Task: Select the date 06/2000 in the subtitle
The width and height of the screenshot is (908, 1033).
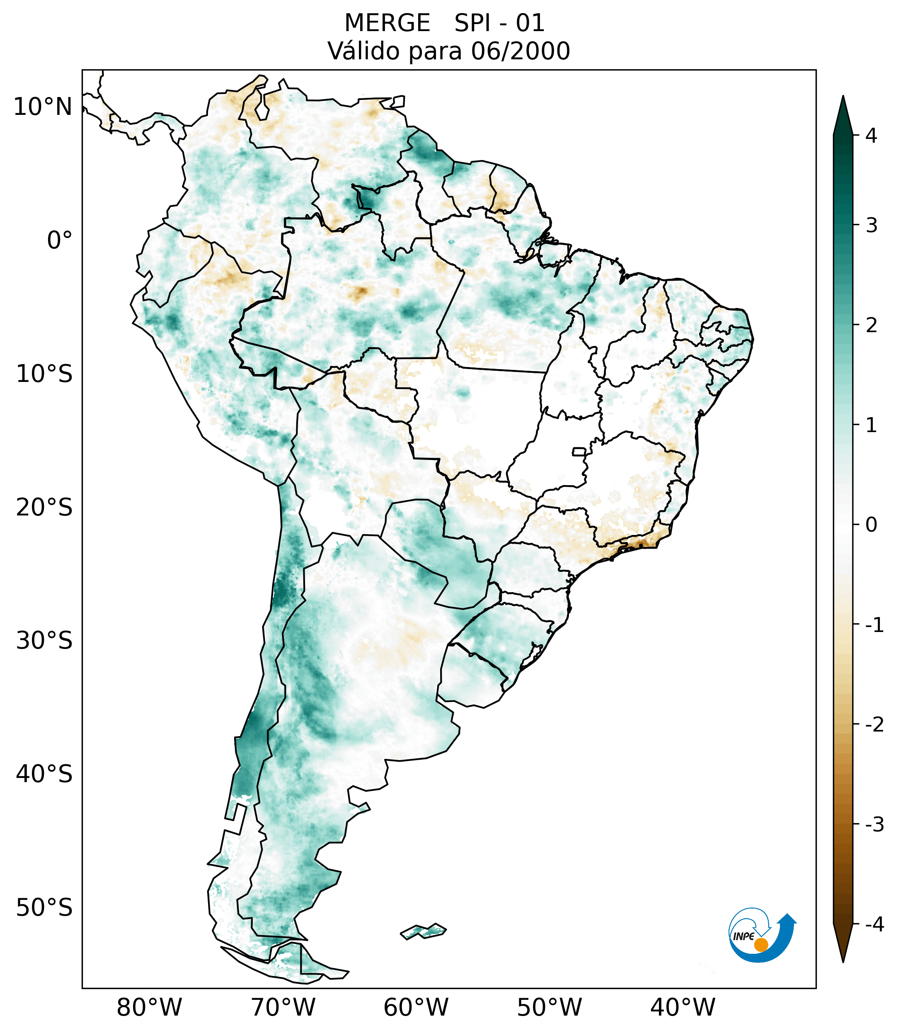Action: click(520, 51)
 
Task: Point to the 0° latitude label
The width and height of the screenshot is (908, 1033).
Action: click(60, 240)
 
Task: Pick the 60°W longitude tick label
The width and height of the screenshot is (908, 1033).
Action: click(416, 1007)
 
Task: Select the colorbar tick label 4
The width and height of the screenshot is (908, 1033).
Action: click(871, 136)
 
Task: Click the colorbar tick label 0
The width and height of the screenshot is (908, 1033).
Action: click(871, 525)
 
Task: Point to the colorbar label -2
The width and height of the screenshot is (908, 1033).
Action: click(874, 725)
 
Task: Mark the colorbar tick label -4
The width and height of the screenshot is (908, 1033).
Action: click(874, 924)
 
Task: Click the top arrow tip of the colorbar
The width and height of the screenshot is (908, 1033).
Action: click(843, 97)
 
